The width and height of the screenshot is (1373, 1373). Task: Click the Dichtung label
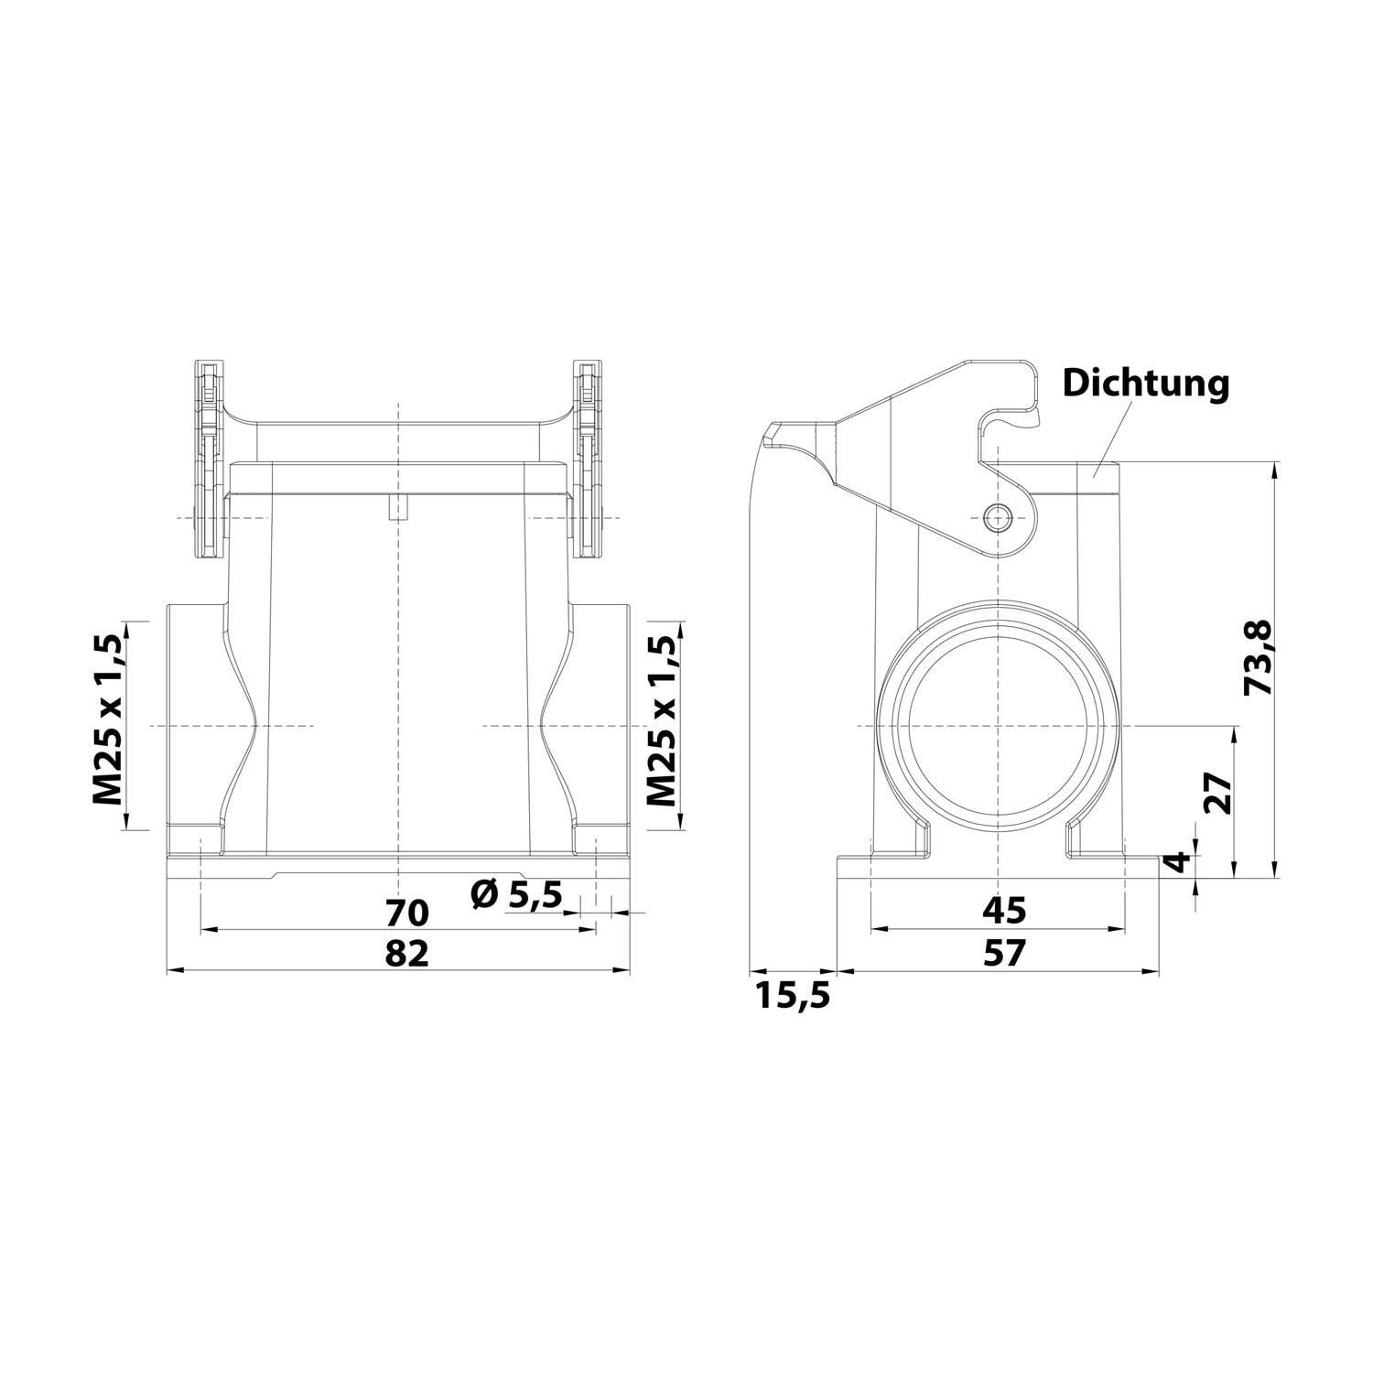(1145, 384)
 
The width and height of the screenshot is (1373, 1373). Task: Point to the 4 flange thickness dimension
(1180, 861)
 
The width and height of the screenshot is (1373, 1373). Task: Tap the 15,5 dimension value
(793, 995)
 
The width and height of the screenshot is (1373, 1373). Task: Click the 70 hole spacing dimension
(406, 913)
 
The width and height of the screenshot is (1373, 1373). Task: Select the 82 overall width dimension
(406, 953)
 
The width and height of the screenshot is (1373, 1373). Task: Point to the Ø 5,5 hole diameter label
(516, 894)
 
